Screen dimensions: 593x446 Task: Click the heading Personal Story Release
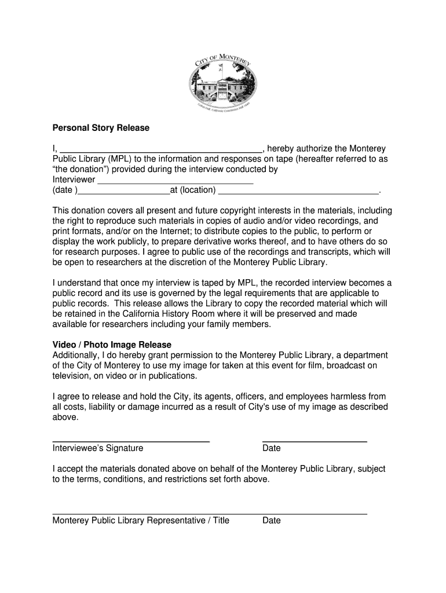pos(101,128)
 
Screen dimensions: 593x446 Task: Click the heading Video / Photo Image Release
pos(112,345)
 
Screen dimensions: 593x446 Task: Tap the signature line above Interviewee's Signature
pos(131,442)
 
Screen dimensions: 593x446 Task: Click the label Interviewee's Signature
pos(98,448)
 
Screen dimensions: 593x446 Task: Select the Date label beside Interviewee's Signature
pos(272,448)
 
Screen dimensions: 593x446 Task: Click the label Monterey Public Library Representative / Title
pos(141,520)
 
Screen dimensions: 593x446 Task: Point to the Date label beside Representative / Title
pos(272,520)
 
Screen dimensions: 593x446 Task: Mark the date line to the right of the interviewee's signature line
pos(315,442)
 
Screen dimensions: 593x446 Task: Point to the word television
pos(71,376)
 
